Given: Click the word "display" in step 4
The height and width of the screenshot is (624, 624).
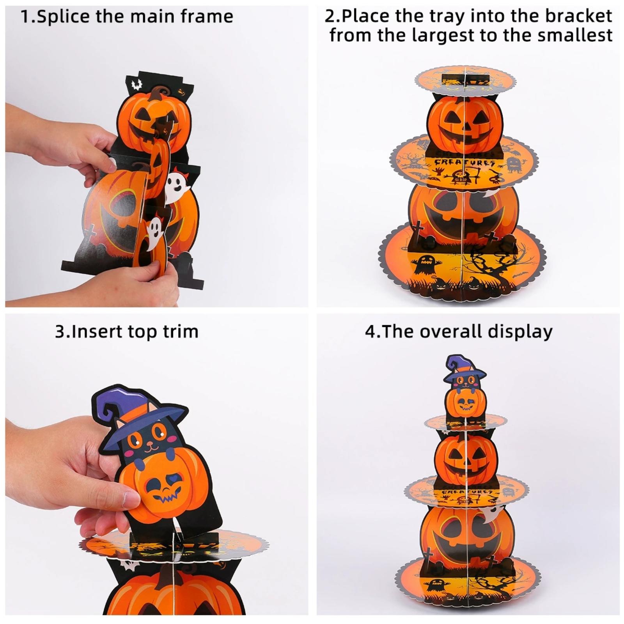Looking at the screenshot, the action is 520,332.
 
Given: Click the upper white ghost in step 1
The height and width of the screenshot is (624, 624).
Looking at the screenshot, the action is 176,187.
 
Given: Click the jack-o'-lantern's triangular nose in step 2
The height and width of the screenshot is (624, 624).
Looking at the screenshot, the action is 465,126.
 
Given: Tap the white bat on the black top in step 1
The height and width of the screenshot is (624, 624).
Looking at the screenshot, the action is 136,83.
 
